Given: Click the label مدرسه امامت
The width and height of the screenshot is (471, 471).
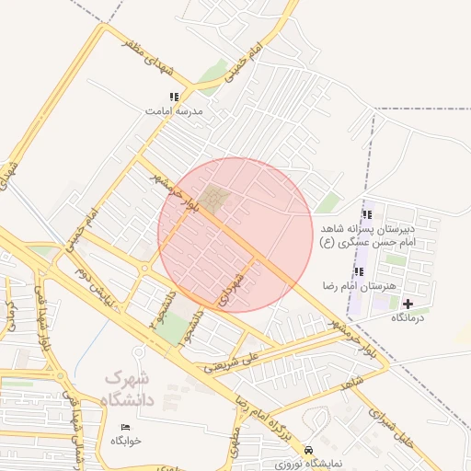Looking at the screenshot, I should pyautogui.click(x=173, y=111).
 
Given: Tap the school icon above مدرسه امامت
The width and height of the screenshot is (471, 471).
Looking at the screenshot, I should pyautogui.click(x=174, y=97).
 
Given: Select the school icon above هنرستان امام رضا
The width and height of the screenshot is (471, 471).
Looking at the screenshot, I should pyautogui.click(x=359, y=271).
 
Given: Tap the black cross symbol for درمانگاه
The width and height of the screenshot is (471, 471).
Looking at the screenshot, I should pyautogui.click(x=408, y=304).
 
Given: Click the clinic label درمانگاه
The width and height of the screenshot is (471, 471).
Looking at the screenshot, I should pyautogui.click(x=410, y=317).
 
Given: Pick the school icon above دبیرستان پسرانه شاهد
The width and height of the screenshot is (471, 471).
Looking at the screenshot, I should pyautogui.click(x=367, y=213).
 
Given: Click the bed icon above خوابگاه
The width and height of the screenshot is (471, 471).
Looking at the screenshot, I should pyautogui.click(x=126, y=427).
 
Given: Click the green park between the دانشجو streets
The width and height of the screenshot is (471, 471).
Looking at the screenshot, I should pyautogui.click(x=170, y=327).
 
